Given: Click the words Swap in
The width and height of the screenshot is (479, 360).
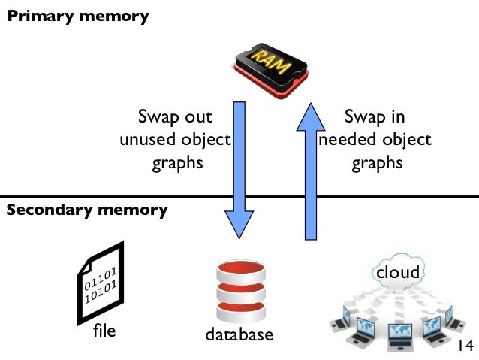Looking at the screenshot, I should tap(375, 117).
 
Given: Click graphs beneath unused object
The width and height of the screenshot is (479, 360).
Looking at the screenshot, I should tap(178, 163).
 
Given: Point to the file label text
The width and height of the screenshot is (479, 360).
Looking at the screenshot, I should tap(104, 330).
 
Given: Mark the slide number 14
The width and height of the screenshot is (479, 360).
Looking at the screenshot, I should tap(464, 346).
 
